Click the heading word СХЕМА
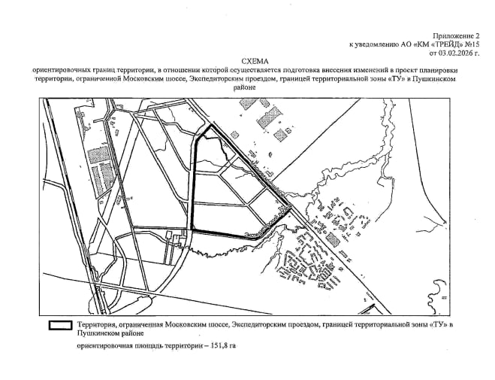[x=255, y=61]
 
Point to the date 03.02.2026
[x=455, y=53]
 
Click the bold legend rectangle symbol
[x=60, y=326]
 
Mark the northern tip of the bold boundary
[x=211, y=125]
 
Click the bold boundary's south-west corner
[x=192, y=230]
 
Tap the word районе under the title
[x=244, y=88]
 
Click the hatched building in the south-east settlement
[x=333, y=239]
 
